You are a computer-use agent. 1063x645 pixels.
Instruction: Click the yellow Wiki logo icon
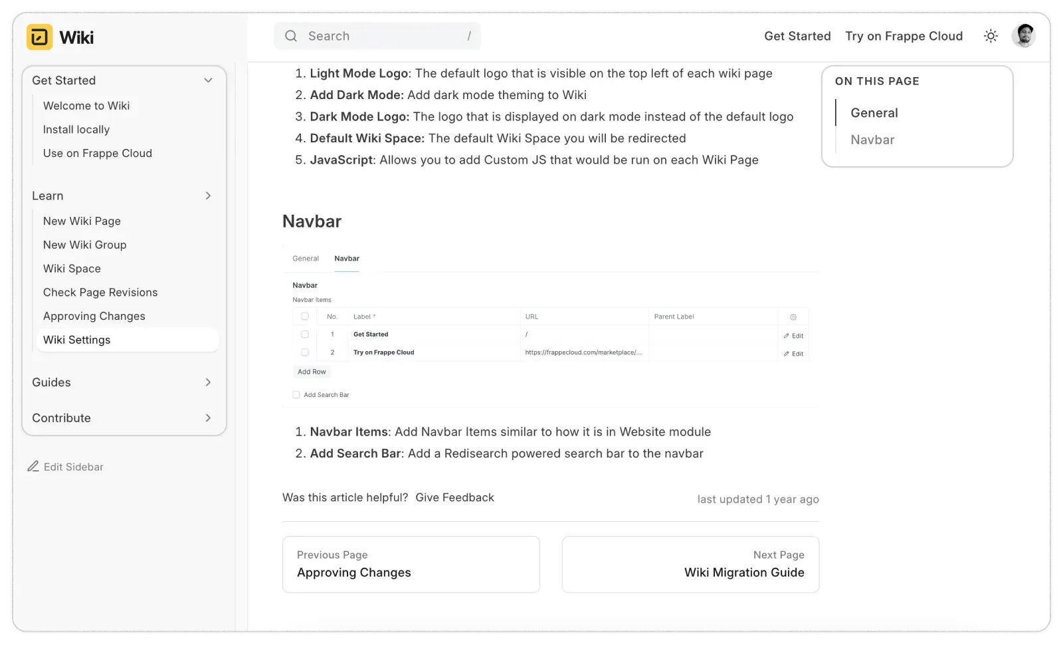pyautogui.click(x=39, y=37)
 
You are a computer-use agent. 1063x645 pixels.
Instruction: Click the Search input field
pyautogui.click(x=377, y=36)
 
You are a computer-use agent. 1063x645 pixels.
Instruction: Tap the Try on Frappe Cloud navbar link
pyautogui.click(x=904, y=36)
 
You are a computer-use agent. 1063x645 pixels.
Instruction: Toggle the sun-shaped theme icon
pyautogui.click(x=991, y=36)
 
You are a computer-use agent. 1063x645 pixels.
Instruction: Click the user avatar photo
pyautogui.click(x=1023, y=36)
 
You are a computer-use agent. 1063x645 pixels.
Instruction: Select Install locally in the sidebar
pyautogui.click(x=76, y=130)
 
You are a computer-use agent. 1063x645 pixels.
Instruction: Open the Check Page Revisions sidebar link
pyautogui.click(x=100, y=293)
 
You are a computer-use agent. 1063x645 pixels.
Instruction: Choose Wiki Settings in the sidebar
pyautogui.click(x=77, y=340)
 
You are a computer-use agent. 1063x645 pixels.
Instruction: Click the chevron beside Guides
pyautogui.click(x=208, y=382)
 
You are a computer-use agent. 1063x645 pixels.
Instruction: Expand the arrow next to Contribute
pyautogui.click(x=208, y=418)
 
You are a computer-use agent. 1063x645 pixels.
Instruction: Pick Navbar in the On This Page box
pyautogui.click(x=872, y=140)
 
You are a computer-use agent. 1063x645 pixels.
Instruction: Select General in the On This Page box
pyautogui.click(x=874, y=113)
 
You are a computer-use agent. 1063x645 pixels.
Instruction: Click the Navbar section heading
pyautogui.click(x=312, y=221)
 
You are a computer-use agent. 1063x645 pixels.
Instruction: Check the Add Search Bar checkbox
pyautogui.click(x=296, y=395)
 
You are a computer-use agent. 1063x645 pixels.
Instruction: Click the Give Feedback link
pyautogui.click(x=454, y=497)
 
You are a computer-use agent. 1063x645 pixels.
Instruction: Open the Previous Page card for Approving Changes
pyautogui.click(x=411, y=565)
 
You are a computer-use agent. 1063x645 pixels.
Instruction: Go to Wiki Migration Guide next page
pyautogui.click(x=690, y=565)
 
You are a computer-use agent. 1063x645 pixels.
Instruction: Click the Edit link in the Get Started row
pyautogui.click(x=794, y=336)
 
